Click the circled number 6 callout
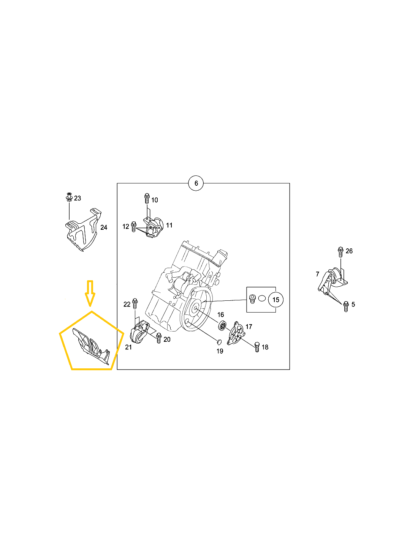pos(196,183)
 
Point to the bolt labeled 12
pos(133,226)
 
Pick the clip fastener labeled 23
pos(69,197)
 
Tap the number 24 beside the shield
pos(104,227)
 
